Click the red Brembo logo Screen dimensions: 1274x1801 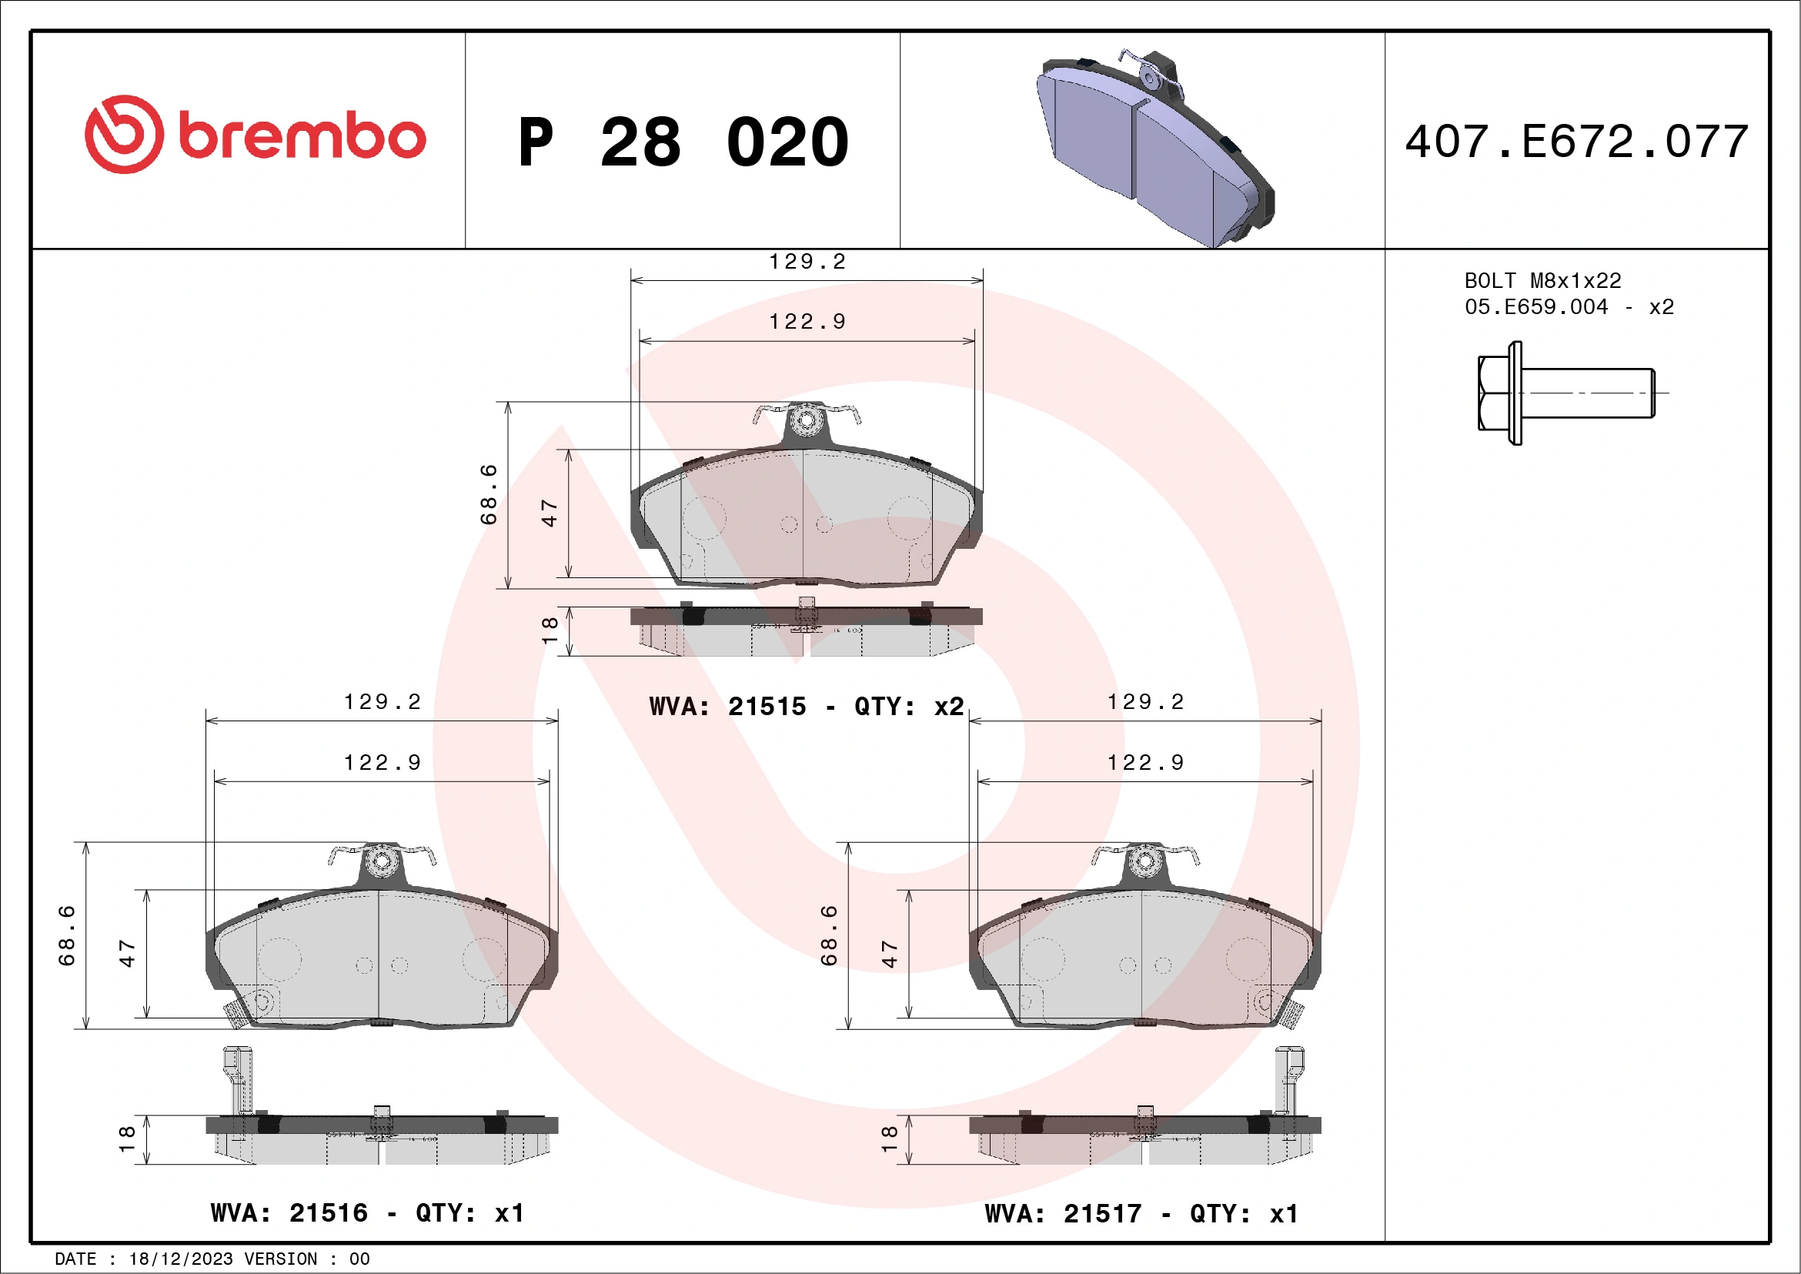pyautogui.click(x=255, y=135)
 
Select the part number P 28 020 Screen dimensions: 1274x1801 pyautogui.click(x=683, y=142)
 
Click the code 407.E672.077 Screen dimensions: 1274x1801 pyautogui.click(x=1576, y=142)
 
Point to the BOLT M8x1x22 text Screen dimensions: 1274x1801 pyautogui.click(x=1542, y=280)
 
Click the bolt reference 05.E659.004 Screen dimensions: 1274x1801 pyautogui.click(x=1536, y=306)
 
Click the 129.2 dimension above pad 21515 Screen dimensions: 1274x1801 pyautogui.click(x=807, y=262)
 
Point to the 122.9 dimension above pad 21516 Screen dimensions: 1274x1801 pyautogui.click(x=382, y=763)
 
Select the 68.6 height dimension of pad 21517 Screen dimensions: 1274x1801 pyautogui.click(x=828, y=935)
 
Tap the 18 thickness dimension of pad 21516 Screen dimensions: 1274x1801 pyautogui.click(x=126, y=1139)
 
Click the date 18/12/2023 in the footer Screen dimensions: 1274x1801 pyautogui.click(x=180, y=1259)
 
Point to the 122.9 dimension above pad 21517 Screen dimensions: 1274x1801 pyautogui.click(x=1145, y=763)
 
